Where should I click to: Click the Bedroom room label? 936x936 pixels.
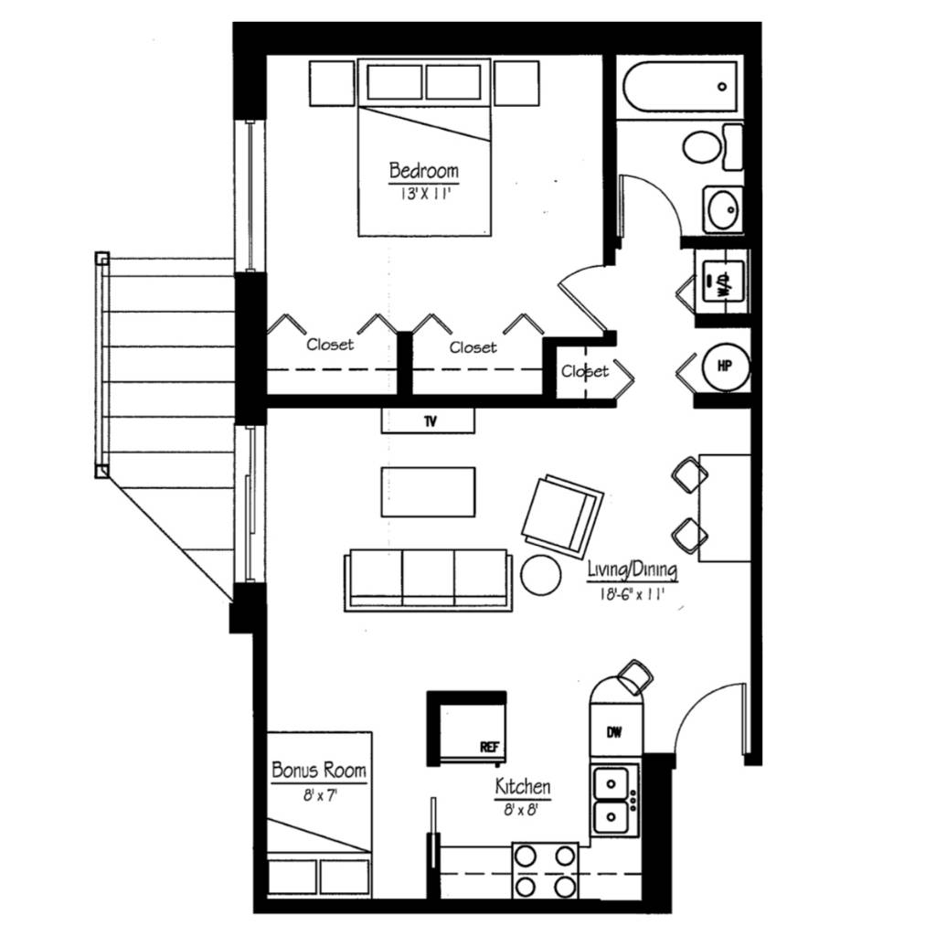coord(423,171)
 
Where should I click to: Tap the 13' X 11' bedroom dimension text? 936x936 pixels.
coord(423,193)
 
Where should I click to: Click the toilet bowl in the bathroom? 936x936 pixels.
coord(703,146)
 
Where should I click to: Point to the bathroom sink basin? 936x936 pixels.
coord(723,211)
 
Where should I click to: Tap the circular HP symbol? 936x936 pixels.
coord(725,366)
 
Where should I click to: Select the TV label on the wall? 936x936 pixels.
coord(428,421)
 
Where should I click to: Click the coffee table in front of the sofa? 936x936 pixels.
coord(428,492)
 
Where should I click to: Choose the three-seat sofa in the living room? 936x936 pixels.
coord(428,579)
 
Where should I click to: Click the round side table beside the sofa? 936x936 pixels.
coord(541,575)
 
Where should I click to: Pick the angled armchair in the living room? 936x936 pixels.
coord(561,516)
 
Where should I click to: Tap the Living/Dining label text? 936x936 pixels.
coord(633,571)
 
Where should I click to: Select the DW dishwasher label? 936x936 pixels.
coord(615,731)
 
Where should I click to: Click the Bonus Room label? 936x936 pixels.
coord(319,771)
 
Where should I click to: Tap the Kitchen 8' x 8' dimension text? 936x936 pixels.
coord(522,808)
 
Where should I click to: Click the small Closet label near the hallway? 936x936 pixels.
coord(584,371)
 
